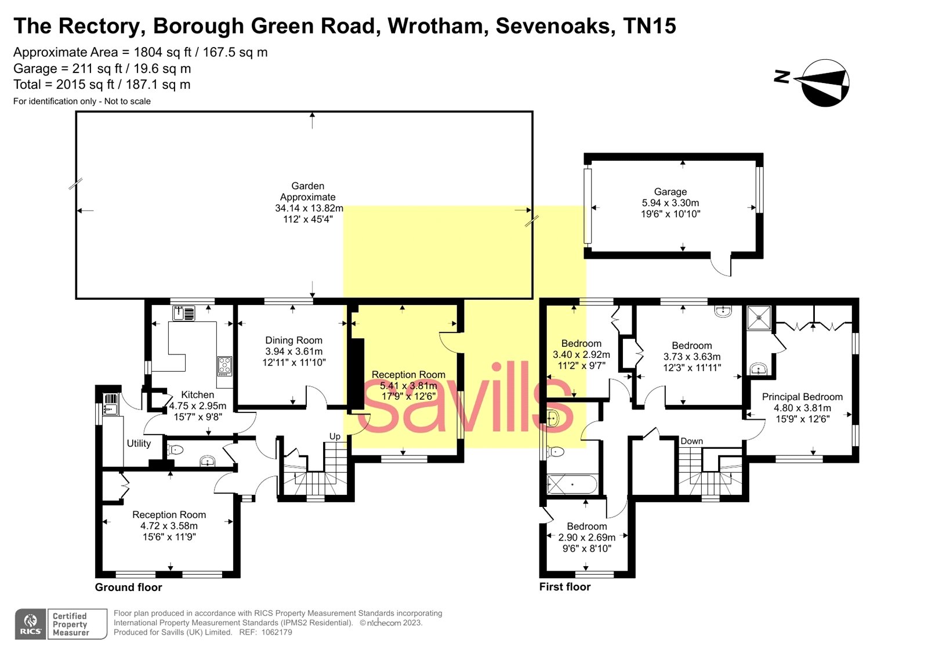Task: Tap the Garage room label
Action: pos(670,192)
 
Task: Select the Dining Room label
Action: pos(293,340)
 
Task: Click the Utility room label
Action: pos(139,444)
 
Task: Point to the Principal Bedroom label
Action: pos(802,397)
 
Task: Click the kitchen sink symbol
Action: pos(184,314)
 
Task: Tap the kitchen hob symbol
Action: pos(224,365)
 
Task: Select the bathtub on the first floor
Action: pos(572,484)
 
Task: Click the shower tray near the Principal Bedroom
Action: pos(759,317)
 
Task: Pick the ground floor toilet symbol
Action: pos(175,450)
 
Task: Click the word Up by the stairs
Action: pos(335,436)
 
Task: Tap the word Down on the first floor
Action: pos(691,441)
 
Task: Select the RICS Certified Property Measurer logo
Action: pos(61,624)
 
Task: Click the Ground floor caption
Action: pos(128,587)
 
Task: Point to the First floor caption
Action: pos(564,587)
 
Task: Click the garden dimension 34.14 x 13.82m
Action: pos(309,208)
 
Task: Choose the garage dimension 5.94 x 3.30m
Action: pos(670,203)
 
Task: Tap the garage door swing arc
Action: pos(722,267)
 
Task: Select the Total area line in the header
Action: pos(102,85)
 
